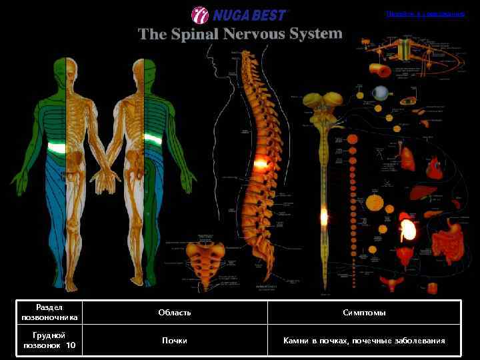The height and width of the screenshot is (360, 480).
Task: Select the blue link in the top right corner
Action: click(425, 14)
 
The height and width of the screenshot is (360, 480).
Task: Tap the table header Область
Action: click(175, 313)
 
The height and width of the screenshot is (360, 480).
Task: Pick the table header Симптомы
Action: click(364, 313)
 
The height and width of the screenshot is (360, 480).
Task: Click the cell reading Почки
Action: click(175, 341)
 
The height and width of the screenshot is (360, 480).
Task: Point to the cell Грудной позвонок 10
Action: click(49, 341)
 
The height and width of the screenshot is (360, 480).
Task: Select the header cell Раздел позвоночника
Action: click(49, 313)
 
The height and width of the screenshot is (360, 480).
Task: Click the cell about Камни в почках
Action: click(364, 341)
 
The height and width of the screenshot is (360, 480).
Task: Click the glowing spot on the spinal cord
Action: click(324, 215)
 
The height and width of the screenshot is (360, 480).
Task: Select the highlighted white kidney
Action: click(407, 231)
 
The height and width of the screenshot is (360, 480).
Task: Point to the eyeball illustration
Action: click(381, 92)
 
